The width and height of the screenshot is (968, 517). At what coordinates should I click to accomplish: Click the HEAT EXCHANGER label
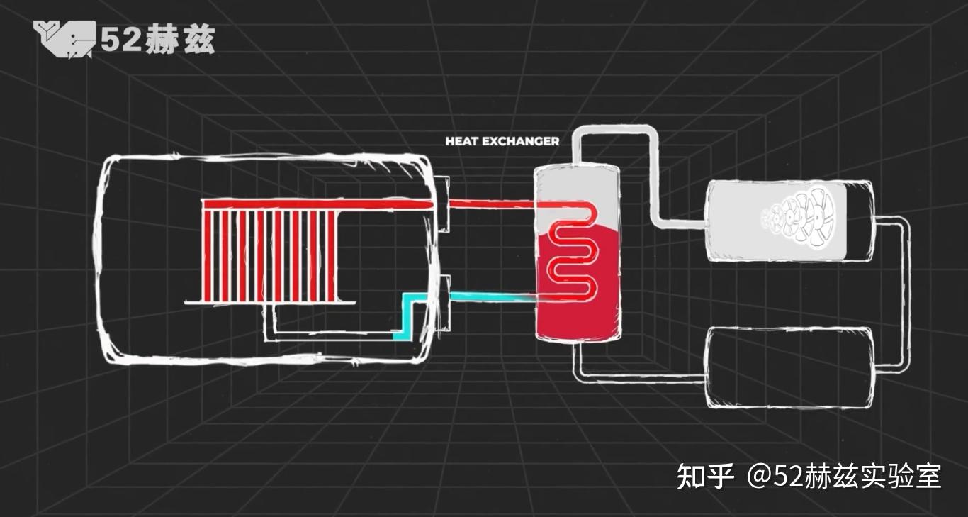coord(502,141)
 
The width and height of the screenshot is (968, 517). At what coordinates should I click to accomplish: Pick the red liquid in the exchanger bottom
coord(578,319)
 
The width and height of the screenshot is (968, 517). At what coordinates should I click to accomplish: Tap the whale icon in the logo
coord(64,40)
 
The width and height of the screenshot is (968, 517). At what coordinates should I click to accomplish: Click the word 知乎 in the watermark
coord(705,477)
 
